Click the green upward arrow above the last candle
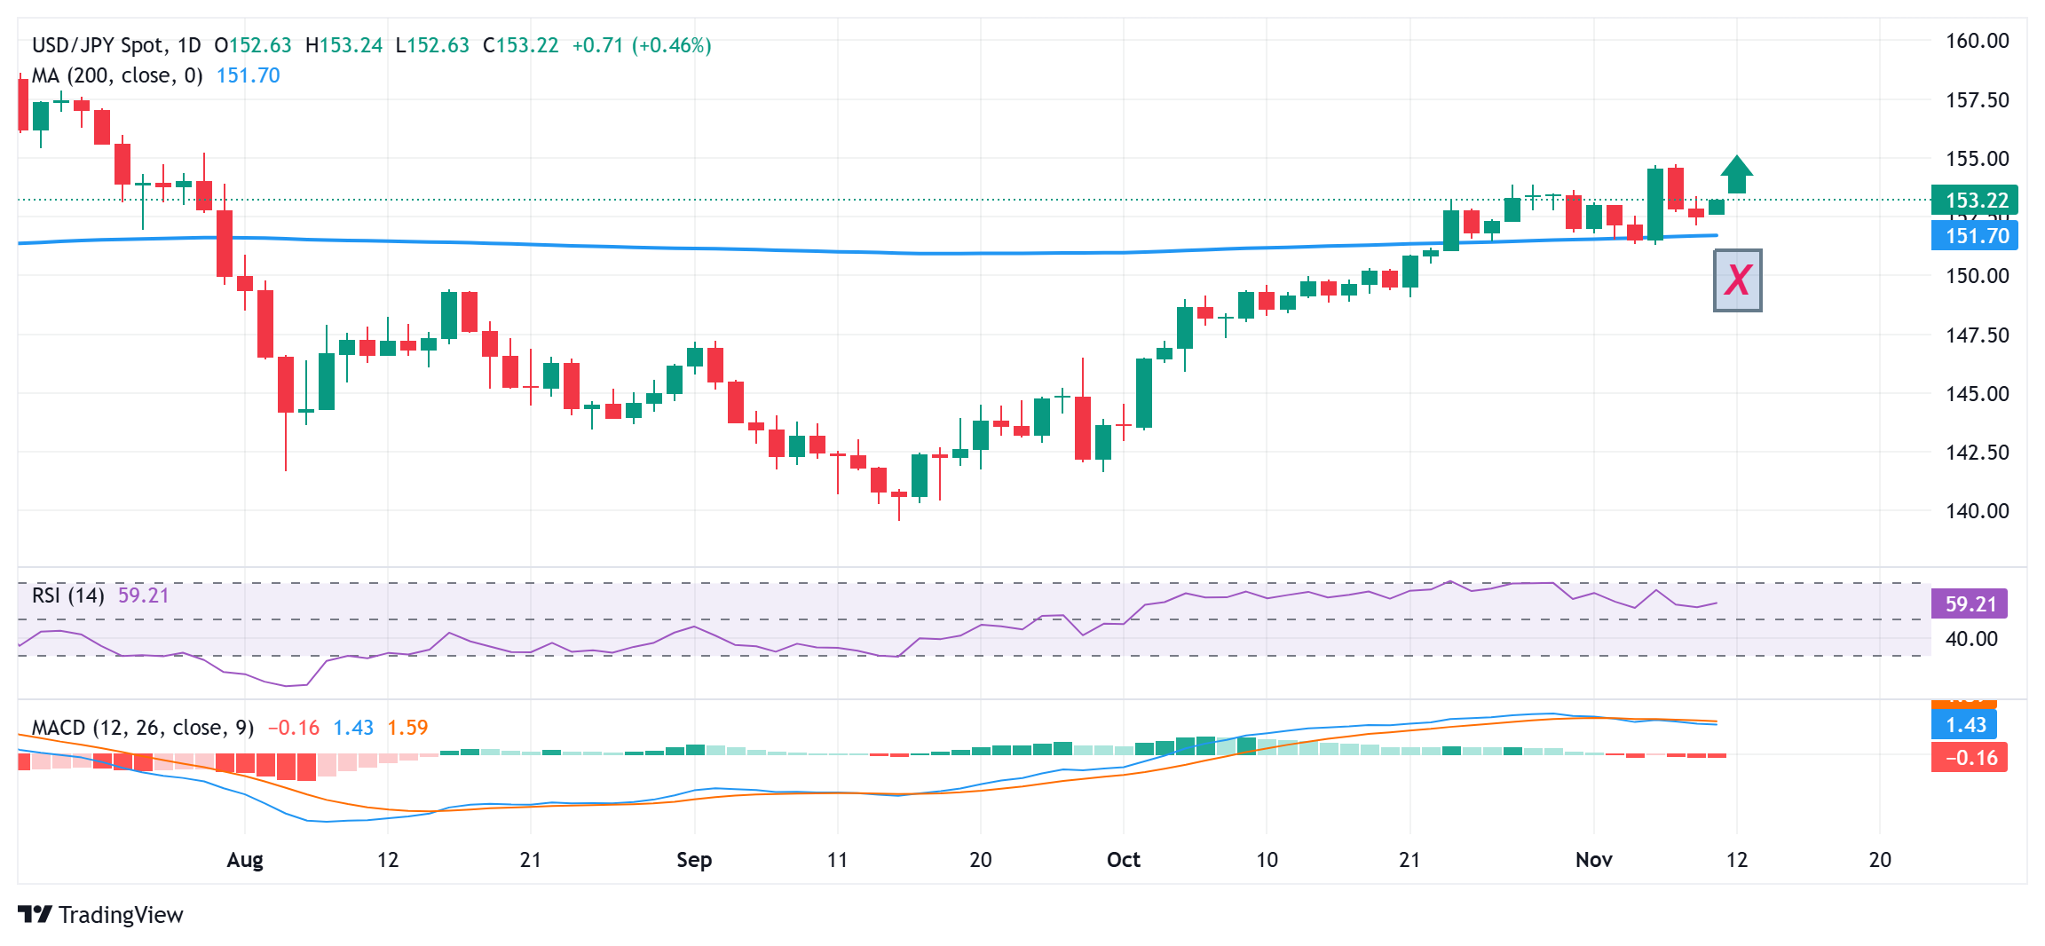tap(1736, 175)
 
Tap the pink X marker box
tap(1737, 280)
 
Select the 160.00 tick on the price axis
tap(1977, 41)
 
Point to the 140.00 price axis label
tap(1977, 510)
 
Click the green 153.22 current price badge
tap(1975, 200)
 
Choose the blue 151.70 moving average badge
tap(1975, 236)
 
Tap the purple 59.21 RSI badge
tap(1970, 604)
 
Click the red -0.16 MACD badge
tap(1970, 758)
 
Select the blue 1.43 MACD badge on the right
tap(1964, 725)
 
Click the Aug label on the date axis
tap(245, 860)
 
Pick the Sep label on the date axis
tap(694, 860)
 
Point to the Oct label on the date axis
tap(1124, 860)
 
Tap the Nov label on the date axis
tap(1594, 860)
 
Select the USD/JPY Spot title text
tap(98, 45)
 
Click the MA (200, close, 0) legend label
tap(117, 76)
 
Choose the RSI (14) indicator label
tap(67, 595)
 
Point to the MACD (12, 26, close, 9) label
tap(143, 728)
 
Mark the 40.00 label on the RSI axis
tap(1971, 639)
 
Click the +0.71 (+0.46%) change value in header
tap(642, 45)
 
